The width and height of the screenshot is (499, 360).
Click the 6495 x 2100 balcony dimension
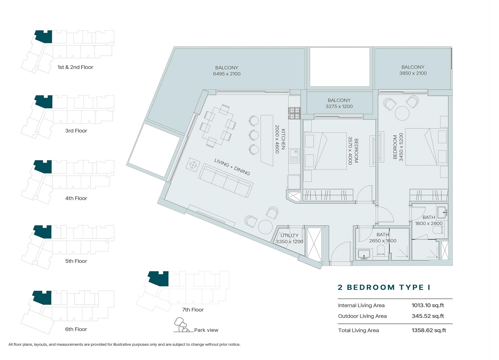(x=227, y=74)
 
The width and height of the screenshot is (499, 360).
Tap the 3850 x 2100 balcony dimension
(x=413, y=73)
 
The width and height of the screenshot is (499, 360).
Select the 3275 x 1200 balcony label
(x=339, y=103)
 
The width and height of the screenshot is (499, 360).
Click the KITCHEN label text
(x=283, y=139)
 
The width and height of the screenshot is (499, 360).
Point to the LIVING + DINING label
(x=232, y=167)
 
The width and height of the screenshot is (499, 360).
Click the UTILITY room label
(x=289, y=235)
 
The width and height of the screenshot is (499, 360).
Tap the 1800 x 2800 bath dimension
(x=429, y=223)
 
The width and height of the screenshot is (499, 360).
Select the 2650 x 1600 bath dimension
(x=383, y=241)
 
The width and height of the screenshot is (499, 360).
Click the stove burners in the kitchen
(x=294, y=113)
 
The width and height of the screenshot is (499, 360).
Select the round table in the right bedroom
(x=402, y=113)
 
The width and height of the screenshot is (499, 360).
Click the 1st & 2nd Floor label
(x=75, y=67)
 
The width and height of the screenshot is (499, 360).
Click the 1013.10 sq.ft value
(x=427, y=305)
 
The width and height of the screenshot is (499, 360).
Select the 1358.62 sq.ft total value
(x=428, y=330)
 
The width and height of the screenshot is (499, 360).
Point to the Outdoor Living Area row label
(x=362, y=316)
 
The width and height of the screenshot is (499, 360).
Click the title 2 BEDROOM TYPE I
(x=384, y=287)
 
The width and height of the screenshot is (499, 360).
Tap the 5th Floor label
(x=76, y=261)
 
